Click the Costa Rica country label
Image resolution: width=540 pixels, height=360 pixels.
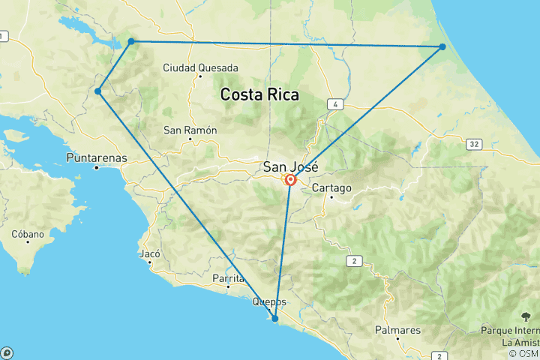(259, 95)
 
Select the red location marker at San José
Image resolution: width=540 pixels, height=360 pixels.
(289, 180)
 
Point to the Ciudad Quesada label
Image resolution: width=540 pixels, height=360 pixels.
(200, 68)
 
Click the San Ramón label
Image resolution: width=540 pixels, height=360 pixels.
(190, 130)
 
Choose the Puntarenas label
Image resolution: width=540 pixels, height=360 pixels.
(97, 158)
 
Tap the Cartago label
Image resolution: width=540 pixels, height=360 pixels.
(331, 187)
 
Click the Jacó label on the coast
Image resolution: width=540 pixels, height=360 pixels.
(150, 254)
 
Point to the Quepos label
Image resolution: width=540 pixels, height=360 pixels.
(269, 302)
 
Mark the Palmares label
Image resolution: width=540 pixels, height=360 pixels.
(397, 330)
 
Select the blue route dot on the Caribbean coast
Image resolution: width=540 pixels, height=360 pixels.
(442, 46)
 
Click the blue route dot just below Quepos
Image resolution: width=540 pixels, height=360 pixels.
(275, 319)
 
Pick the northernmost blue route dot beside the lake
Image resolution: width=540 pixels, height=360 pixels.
(131, 41)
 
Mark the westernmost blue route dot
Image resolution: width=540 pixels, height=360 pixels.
(98, 91)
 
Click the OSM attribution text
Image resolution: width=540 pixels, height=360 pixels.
(523, 353)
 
